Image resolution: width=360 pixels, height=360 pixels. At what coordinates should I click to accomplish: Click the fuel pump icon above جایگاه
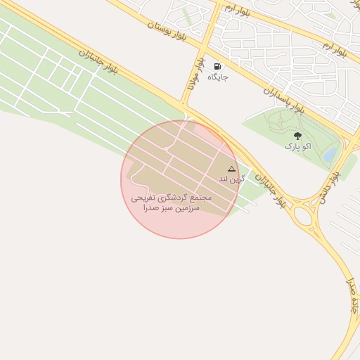pyautogui.click(x=217, y=67)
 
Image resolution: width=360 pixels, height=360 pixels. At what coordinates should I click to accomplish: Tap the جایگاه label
pyautogui.click(x=217, y=77)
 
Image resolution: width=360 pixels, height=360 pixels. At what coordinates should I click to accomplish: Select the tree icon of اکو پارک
pyautogui.click(x=297, y=136)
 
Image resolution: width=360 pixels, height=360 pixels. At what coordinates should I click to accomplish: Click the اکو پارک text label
pyautogui.click(x=297, y=146)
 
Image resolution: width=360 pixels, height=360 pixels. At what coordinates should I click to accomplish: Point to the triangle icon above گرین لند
pyautogui.click(x=231, y=169)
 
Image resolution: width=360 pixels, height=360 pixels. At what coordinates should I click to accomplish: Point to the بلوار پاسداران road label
pyautogui.click(x=283, y=99)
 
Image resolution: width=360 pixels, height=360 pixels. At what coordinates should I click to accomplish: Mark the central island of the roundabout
pyautogui.click(x=304, y=215)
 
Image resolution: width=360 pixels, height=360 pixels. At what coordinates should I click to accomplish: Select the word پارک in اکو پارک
pyautogui.click(x=291, y=146)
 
